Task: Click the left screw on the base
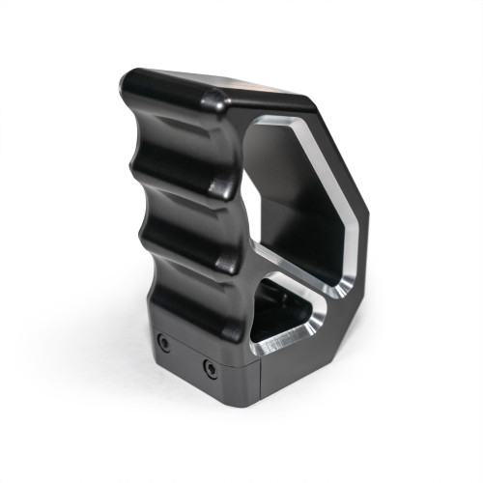(164, 343)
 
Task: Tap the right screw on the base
(210, 368)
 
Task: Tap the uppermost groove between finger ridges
(174, 135)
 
